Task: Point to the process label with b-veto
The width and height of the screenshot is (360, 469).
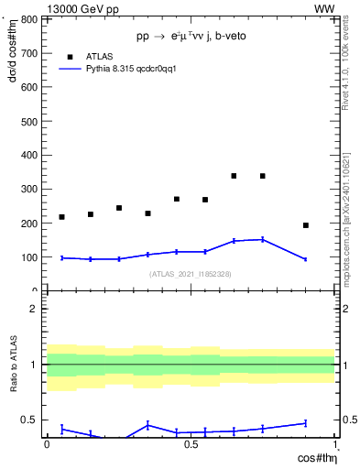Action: click(x=190, y=36)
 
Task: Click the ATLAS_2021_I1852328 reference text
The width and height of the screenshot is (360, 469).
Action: click(x=190, y=274)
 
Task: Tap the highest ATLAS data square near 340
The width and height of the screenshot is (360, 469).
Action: click(x=234, y=176)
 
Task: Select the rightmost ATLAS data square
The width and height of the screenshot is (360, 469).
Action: click(x=306, y=225)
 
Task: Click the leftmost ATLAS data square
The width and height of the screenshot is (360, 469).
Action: click(x=61, y=217)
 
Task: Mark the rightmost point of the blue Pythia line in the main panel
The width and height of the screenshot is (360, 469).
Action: click(x=306, y=259)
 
